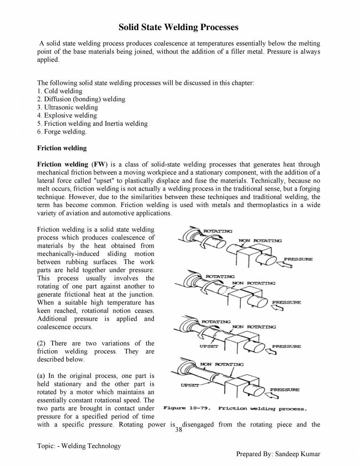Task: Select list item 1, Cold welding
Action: tap(60, 91)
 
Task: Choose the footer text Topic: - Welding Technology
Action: tap(79, 446)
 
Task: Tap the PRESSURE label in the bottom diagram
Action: tap(285, 390)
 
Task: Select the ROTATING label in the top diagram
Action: tap(217, 231)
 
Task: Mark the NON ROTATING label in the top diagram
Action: tap(260, 241)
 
